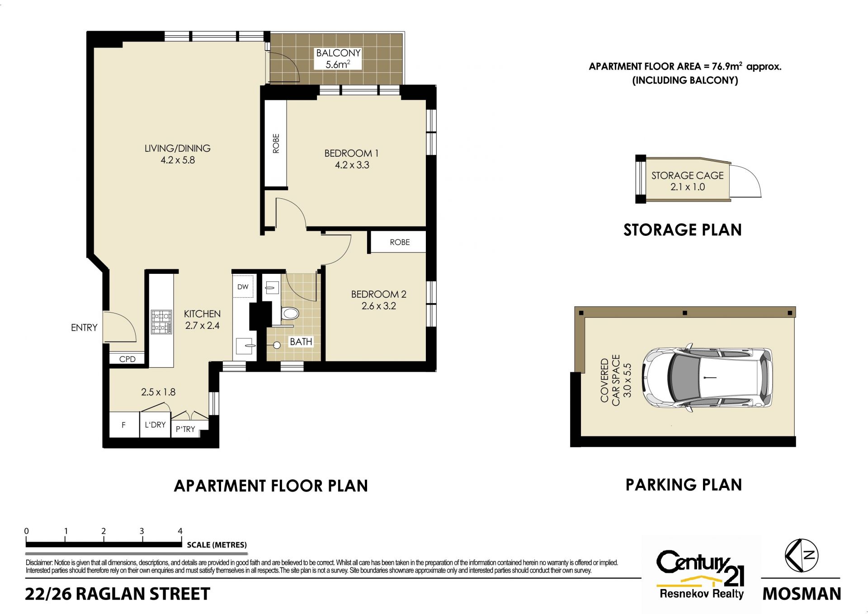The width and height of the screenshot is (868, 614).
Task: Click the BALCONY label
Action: coord(338,53)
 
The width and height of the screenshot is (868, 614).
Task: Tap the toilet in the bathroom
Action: coord(289,313)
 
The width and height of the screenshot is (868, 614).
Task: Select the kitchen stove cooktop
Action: coord(161,322)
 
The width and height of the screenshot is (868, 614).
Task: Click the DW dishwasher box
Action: coord(243,286)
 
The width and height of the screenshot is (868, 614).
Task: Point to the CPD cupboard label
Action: coord(127,359)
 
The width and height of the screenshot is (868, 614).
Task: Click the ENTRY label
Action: coord(84,328)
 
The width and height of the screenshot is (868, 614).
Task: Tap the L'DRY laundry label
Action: coord(155,425)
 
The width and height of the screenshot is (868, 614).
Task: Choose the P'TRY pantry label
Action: coord(185,429)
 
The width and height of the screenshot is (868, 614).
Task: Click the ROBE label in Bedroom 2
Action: coord(400,242)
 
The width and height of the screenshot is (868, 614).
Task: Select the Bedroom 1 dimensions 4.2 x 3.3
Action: coord(352,165)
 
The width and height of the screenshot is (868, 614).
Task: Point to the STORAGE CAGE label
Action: coord(687,175)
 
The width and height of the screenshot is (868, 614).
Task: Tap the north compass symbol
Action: coord(802,555)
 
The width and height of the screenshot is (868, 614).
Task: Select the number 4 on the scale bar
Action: coord(180,531)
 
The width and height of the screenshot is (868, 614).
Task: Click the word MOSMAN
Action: coord(802,594)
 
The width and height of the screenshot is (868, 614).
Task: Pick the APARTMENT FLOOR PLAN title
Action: coord(271,486)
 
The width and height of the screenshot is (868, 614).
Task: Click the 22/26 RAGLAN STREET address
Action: coord(118,594)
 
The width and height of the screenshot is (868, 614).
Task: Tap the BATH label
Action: coord(301,342)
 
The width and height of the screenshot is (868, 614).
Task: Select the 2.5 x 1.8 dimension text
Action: coord(158,392)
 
